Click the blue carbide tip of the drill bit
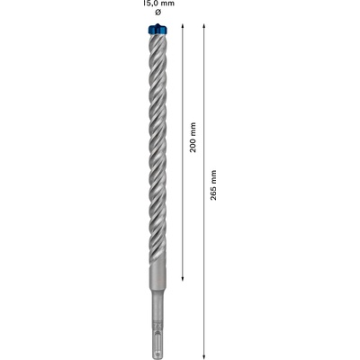coord(157,29)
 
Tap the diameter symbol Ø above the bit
coord(158,13)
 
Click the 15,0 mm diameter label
coord(159,4)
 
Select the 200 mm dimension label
coord(193,137)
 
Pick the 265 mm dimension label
coord(213,185)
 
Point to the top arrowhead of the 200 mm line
coord(183,26)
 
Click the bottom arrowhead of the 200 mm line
coord(183,279)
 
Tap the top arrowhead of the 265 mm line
coord(203,26)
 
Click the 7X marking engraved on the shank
coord(157,326)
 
